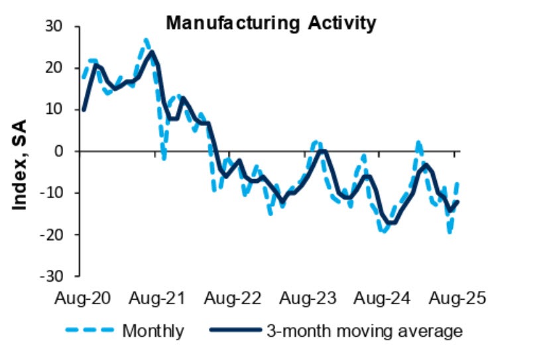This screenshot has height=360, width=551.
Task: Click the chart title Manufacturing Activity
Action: pos(271,24)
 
